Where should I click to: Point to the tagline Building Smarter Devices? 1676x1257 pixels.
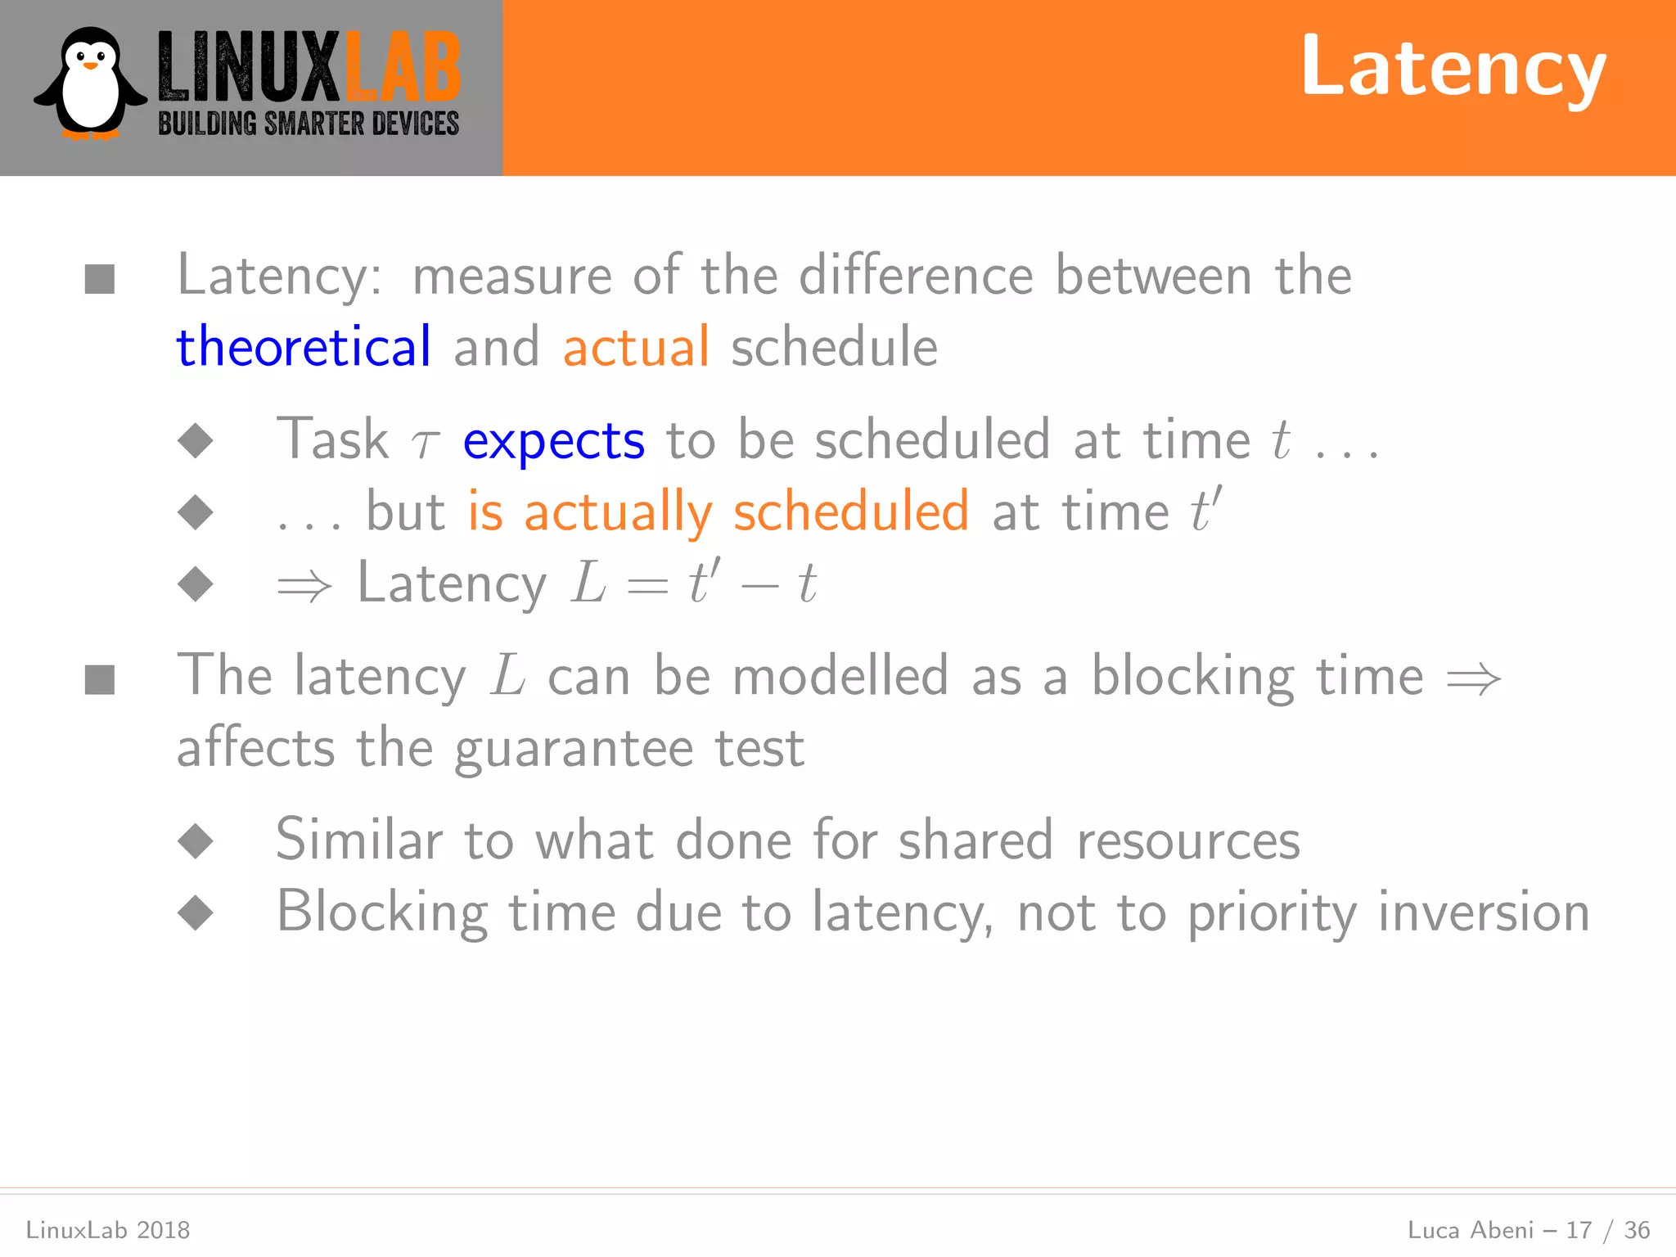[309, 124]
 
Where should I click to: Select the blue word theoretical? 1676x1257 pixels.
[304, 347]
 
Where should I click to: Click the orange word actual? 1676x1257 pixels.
[636, 347]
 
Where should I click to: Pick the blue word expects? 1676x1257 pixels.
[554, 441]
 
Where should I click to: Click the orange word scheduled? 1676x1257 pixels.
[851, 512]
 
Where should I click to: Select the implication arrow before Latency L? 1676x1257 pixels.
[304, 586]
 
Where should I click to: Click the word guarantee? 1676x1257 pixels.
[574, 750]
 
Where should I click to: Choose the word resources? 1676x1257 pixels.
[1188, 841]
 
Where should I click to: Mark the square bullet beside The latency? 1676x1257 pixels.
[100, 679]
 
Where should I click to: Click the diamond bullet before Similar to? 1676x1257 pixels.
[196, 841]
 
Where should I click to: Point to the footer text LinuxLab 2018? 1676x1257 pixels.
[108, 1230]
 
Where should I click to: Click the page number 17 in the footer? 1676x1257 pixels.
[1579, 1230]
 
